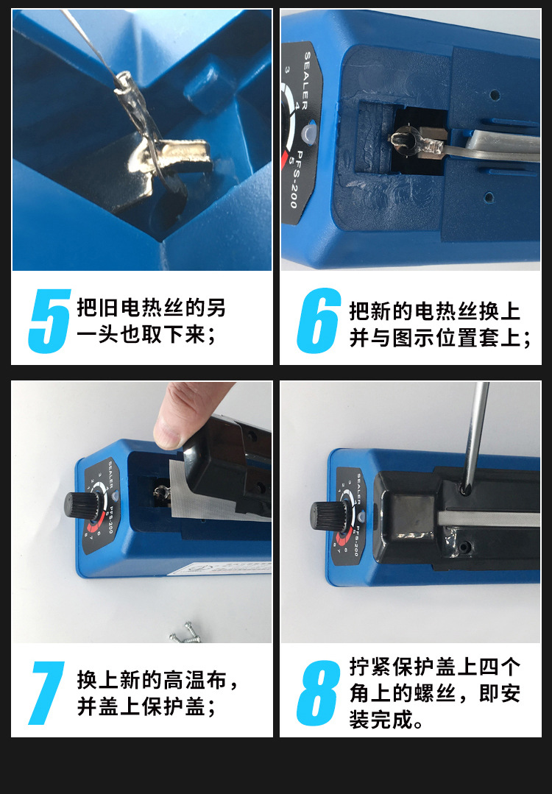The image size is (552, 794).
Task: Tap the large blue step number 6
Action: tap(319, 322)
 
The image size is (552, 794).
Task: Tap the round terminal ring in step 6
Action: tap(403, 139)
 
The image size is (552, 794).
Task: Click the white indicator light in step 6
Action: tap(308, 132)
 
